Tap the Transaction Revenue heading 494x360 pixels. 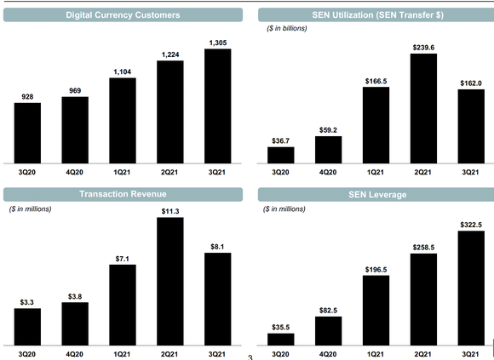(122, 195)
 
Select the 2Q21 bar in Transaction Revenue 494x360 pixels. (170, 280)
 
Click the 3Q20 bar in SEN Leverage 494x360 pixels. (280, 339)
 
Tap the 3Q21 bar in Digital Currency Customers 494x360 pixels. (218, 106)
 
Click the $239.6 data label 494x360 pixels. (423, 48)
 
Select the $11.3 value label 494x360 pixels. (170, 210)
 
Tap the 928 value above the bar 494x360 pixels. (27, 96)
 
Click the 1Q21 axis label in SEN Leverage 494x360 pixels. (376, 352)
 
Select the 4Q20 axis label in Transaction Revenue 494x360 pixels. (75, 352)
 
